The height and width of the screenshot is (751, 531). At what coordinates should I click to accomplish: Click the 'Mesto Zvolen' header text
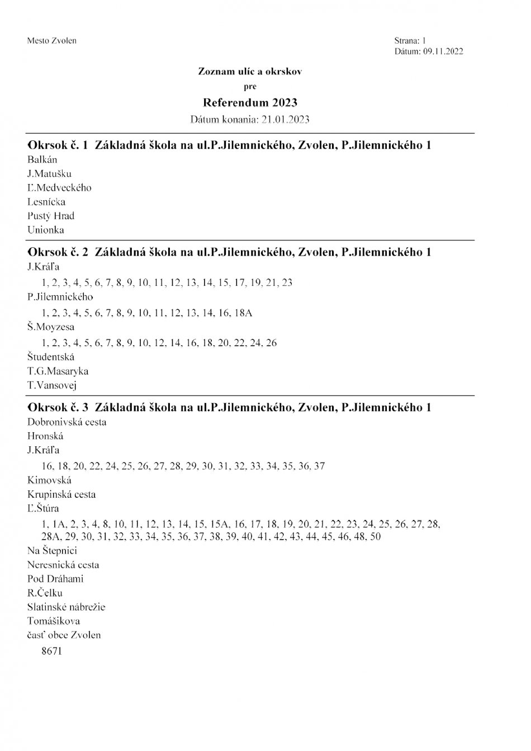(51, 40)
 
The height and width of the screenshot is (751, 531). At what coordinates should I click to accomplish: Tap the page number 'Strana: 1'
(410, 40)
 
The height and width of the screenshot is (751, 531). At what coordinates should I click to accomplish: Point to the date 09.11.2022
(443, 51)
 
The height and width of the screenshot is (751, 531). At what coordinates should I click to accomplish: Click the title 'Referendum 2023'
(250, 102)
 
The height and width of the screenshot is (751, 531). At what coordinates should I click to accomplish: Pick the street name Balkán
(42, 160)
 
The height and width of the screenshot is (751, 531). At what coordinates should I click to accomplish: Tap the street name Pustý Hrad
(50, 216)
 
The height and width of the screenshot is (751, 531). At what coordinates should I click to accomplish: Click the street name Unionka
(45, 230)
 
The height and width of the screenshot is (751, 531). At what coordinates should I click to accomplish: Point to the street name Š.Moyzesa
(50, 327)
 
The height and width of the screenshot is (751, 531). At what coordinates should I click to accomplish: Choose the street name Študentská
(50, 357)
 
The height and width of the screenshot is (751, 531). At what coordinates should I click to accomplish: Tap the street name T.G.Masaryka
(58, 371)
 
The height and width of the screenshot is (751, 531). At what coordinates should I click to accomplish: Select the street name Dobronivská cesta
(67, 422)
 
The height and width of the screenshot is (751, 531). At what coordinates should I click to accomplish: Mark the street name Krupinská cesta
(61, 494)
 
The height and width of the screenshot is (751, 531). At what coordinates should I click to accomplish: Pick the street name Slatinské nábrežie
(66, 607)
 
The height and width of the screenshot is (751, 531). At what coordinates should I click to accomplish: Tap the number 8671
(51, 651)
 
